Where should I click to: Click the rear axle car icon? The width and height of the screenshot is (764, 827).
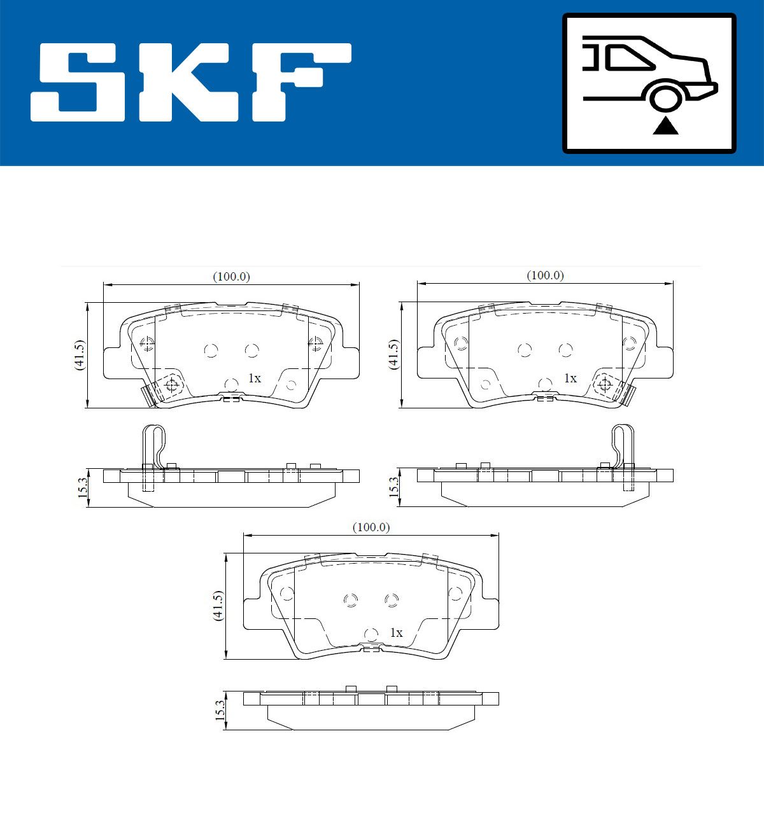point(649,83)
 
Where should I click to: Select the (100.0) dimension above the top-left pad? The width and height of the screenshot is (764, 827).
point(231,276)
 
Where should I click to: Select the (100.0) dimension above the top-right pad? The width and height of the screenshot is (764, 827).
point(545,275)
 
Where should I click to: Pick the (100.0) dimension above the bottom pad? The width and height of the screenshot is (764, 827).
point(371,527)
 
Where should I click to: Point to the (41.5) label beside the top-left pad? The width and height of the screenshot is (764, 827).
point(78,355)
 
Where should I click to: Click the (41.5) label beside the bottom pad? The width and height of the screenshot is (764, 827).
point(218,606)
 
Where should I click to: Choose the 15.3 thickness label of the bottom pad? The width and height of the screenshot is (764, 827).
point(220,710)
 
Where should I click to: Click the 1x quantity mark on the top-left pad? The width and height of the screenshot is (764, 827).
point(254,379)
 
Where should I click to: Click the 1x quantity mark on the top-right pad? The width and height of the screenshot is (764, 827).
point(570,379)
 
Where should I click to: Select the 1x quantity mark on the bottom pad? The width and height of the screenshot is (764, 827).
point(396,633)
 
